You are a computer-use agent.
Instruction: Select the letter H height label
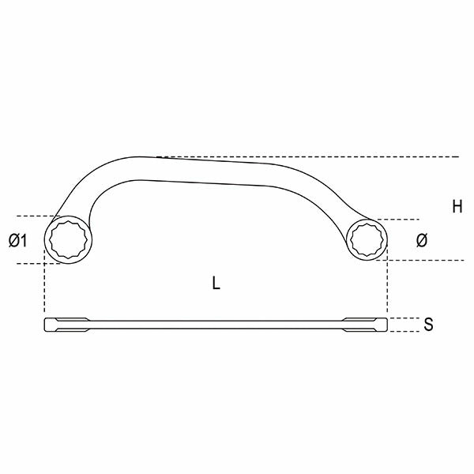point(457,208)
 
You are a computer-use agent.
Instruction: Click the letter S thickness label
point(427,324)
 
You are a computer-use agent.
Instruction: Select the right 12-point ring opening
point(367,239)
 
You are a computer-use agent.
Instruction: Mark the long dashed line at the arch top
point(316,156)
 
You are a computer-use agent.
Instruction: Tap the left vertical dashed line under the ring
point(45,288)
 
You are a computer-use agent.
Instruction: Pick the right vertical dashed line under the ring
point(386,288)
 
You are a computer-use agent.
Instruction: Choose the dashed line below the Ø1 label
point(32,263)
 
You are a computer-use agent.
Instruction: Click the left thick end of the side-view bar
point(63,324)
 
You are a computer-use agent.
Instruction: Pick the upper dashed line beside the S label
point(403,318)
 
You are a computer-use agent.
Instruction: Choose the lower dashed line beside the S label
point(403,331)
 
